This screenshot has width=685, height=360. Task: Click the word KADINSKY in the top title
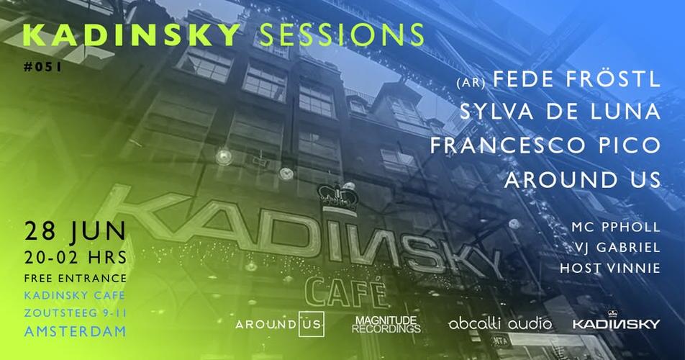[x=131, y=34]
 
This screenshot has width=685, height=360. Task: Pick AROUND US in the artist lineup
[x=582, y=179]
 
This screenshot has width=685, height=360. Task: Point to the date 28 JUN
[x=76, y=233]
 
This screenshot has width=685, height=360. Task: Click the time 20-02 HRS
[x=76, y=258]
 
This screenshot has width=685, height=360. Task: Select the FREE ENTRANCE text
[x=76, y=279]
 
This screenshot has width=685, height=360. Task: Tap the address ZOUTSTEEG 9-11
[x=76, y=314]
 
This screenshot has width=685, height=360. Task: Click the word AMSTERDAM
[x=76, y=332]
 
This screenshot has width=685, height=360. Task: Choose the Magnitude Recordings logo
[x=386, y=324]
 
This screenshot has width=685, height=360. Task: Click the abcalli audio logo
[x=499, y=324]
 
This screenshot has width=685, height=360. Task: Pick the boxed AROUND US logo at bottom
[x=281, y=324]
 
